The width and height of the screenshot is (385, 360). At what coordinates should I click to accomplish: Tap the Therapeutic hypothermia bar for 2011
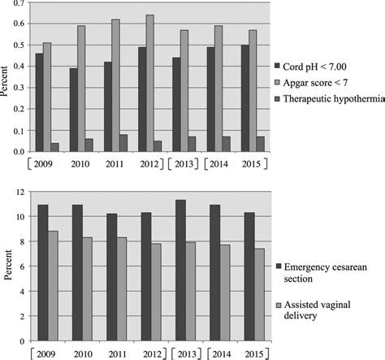(x=123, y=143)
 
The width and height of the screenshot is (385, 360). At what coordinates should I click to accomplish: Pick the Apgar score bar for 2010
(x=81, y=89)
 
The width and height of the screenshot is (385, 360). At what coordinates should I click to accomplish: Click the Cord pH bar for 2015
(x=246, y=98)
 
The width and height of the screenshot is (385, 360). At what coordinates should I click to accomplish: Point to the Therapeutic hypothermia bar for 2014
(x=224, y=144)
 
